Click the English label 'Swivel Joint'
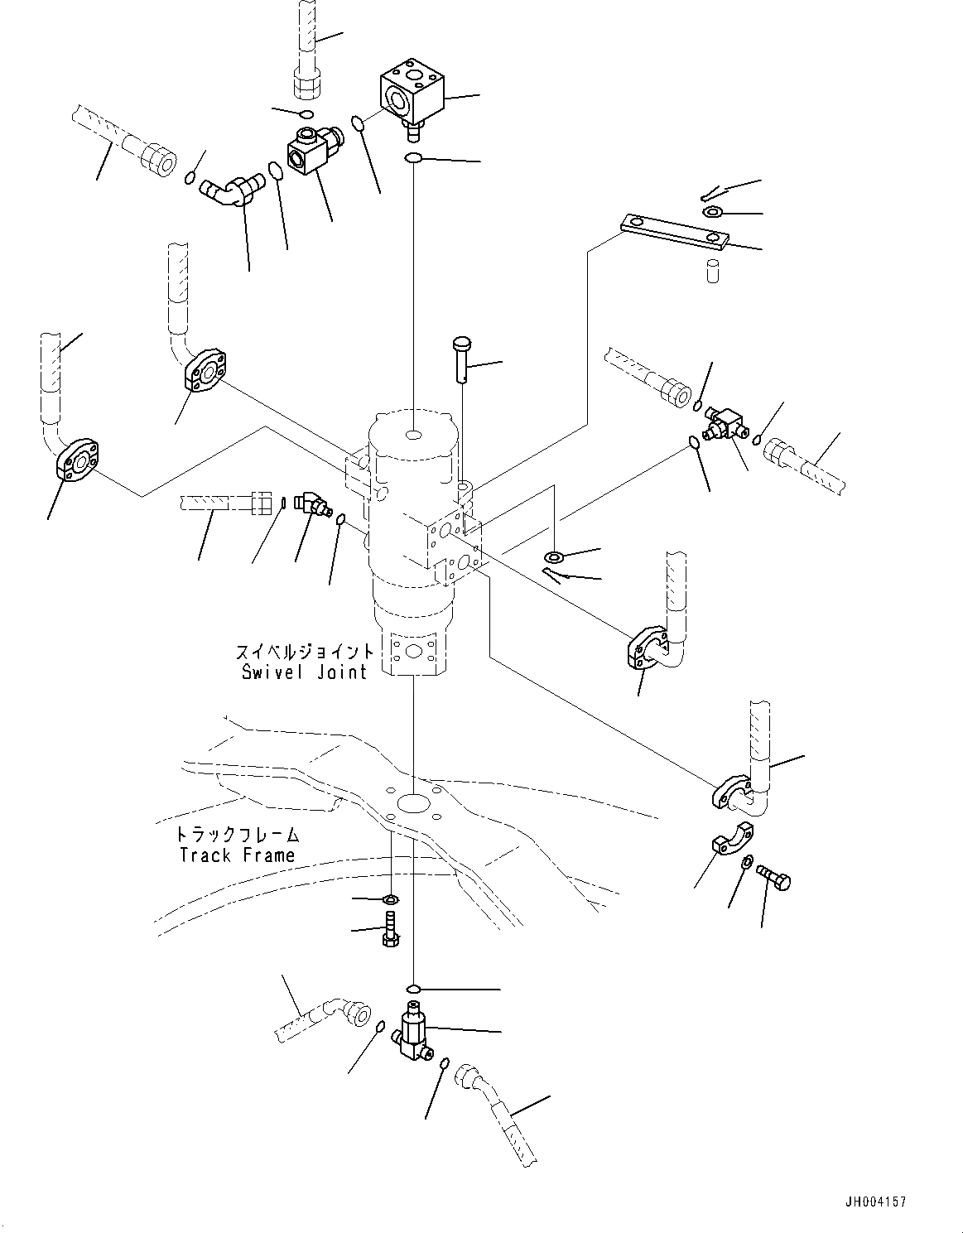coord(304,672)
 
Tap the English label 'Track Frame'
coord(237,855)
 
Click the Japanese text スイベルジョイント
coord(305,652)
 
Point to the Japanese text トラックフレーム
coord(238,835)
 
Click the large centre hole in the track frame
coord(412,802)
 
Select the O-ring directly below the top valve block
coord(414,158)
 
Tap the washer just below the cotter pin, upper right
coord(712,213)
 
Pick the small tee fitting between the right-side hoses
coord(721,425)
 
